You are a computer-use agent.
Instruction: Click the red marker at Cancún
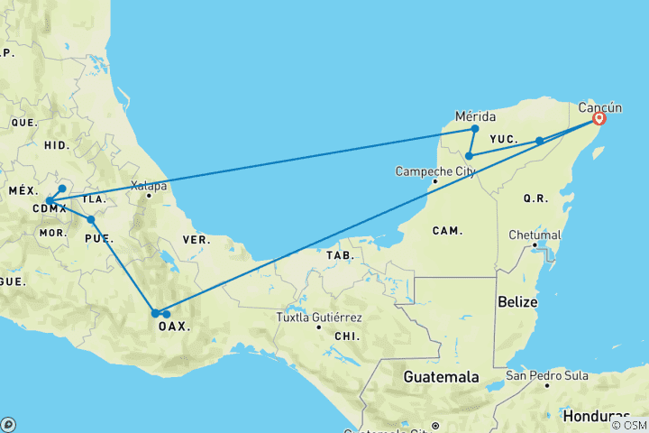[599, 118]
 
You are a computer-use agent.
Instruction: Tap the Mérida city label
[476, 116]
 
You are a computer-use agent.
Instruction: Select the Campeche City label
[435, 170]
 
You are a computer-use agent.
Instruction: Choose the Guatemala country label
[441, 376]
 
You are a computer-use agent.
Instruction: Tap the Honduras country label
[596, 416]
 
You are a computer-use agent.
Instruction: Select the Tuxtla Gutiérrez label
[319, 318]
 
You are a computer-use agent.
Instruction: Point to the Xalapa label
[149, 187]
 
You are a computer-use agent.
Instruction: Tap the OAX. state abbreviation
[174, 327]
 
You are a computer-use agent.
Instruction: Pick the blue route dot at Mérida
[475, 129]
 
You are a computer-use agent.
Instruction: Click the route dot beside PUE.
[91, 219]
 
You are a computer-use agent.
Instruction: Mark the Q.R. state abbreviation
[535, 198]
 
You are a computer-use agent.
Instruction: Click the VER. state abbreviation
[197, 240]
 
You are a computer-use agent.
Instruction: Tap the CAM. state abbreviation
[446, 231]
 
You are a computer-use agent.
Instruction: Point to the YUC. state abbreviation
[503, 139]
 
